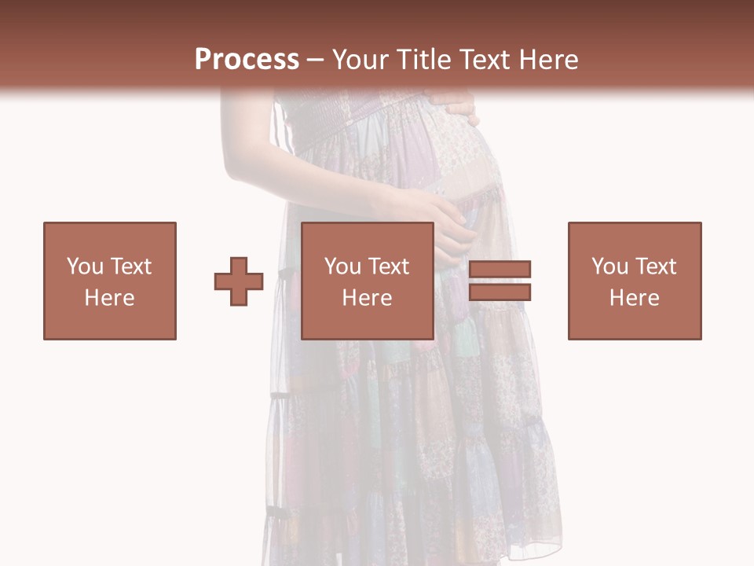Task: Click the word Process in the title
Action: point(247,59)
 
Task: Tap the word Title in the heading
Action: point(426,59)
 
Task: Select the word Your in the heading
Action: point(361,59)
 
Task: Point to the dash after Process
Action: point(315,61)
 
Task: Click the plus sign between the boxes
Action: point(239,281)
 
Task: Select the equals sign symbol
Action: point(500,281)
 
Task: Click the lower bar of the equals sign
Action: point(500,292)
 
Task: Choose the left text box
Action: point(110,281)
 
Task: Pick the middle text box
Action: point(368,281)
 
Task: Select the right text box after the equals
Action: point(635,281)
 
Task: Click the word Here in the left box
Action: point(110,298)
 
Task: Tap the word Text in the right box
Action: point(655,266)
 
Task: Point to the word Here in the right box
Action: point(635,298)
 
